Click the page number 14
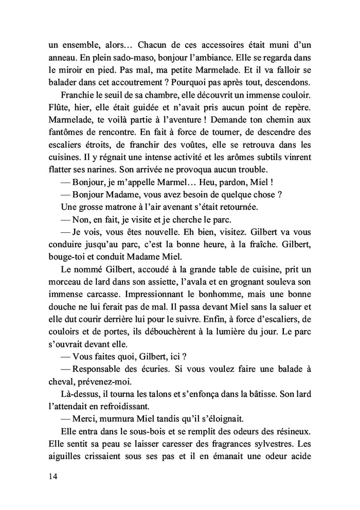pyautogui.click(x=50, y=476)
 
